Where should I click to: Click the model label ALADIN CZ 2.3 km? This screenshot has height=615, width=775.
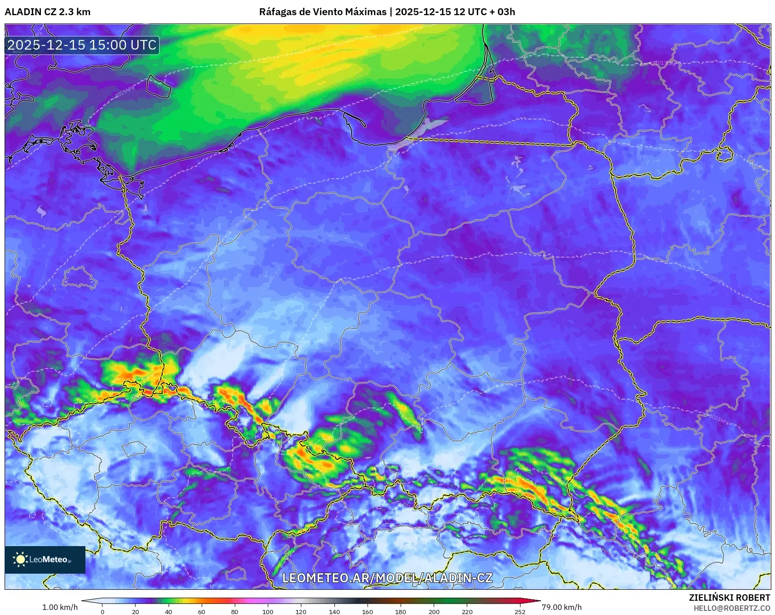tap(48, 12)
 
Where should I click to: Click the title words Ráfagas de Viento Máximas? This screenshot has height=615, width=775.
tap(322, 12)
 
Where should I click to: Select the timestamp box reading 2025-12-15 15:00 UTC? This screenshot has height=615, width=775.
tap(82, 45)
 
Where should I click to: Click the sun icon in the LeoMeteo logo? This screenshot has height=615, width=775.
tap(20, 559)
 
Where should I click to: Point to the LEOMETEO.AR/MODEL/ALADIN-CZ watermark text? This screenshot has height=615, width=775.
tap(387, 578)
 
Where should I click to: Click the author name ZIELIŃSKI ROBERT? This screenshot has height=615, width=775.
tap(729, 598)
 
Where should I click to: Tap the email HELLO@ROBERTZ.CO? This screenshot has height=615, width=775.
tap(732, 608)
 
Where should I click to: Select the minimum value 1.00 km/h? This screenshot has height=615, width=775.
tap(60, 607)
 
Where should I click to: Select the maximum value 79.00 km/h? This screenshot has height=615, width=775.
tap(561, 607)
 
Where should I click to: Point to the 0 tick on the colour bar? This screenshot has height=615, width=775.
tap(102, 611)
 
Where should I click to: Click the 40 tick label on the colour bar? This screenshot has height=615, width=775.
tap(169, 611)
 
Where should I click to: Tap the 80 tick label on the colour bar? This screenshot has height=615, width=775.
tap(235, 611)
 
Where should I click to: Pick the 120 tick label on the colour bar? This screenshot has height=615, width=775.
tap(301, 611)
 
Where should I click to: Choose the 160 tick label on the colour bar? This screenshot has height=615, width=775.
tap(368, 611)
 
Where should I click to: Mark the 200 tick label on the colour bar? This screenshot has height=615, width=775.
tap(434, 611)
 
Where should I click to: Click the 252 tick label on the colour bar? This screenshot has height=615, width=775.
tap(520, 611)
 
